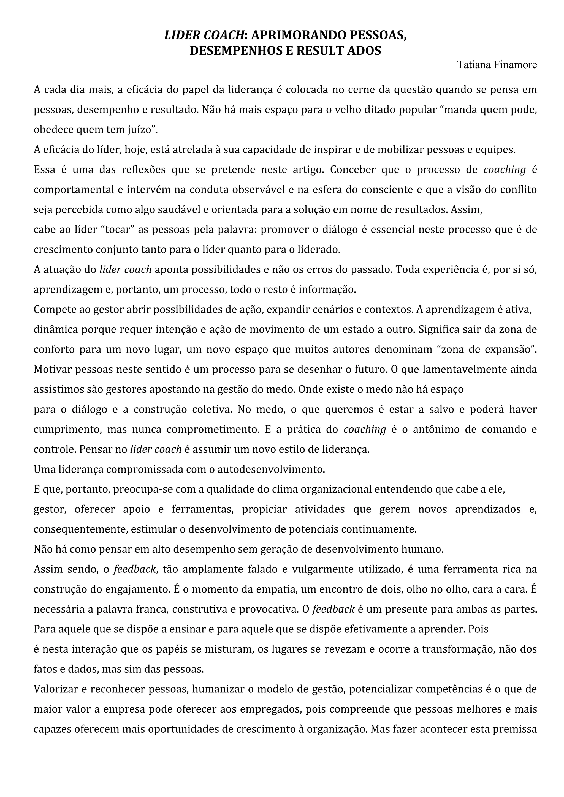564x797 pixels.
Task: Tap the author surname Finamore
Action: (516, 65)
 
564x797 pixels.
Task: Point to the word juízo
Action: (142, 130)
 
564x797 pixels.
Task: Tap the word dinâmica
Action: (56, 329)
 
